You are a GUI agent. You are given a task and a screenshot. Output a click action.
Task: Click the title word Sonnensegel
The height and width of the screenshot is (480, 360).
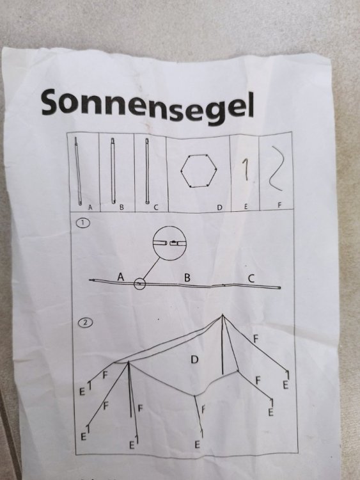[x=148, y=106]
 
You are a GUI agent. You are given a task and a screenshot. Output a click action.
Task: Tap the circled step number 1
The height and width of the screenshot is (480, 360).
[x=83, y=223]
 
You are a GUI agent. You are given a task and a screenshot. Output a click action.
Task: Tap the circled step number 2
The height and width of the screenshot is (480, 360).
[x=86, y=323]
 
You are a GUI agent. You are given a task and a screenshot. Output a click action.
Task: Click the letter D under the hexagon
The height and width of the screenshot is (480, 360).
[x=219, y=207]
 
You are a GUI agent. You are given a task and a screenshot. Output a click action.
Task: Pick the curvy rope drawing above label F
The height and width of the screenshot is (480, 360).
[x=276, y=168]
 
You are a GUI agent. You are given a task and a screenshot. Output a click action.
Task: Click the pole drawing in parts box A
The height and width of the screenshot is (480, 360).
[x=78, y=171]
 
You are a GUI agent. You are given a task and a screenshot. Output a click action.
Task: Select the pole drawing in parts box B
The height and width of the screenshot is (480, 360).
[x=113, y=171]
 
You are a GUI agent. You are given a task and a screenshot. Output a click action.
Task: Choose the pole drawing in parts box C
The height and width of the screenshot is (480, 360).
[x=147, y=171]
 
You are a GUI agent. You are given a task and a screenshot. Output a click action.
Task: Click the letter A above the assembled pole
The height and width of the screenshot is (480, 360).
[x=121, y=276]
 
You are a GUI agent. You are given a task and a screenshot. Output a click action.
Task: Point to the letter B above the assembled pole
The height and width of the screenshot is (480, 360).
[x=187, y=277]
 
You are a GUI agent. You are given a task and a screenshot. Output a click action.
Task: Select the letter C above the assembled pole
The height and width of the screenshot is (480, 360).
[x=251, y=278]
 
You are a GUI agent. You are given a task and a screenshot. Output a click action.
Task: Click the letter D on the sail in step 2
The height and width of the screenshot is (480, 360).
[x=194, y=360]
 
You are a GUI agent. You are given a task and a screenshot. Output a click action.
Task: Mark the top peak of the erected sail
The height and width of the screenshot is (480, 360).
[x=223, y=315]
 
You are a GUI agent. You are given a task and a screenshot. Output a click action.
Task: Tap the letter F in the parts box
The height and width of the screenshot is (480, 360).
[x=279, y=205]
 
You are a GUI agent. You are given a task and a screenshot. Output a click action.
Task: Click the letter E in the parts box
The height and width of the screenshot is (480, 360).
[x=246, y=207]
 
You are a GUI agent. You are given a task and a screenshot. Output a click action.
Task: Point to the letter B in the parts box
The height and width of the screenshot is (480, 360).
[x=121, y=207]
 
